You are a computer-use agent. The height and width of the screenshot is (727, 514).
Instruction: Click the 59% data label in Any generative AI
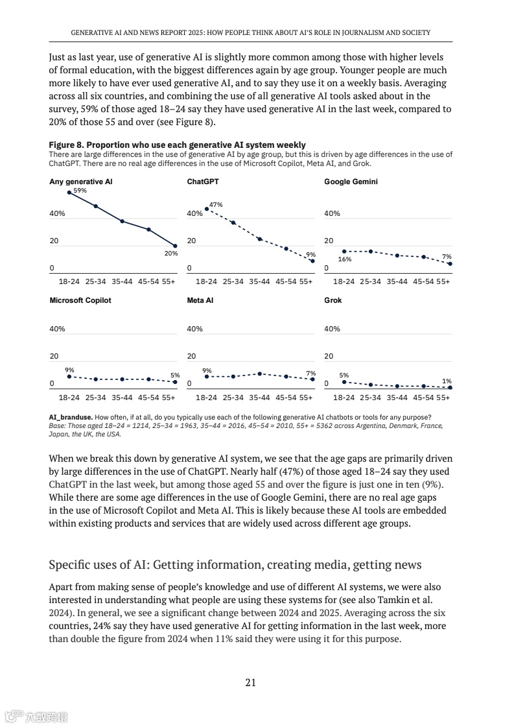[80, 191]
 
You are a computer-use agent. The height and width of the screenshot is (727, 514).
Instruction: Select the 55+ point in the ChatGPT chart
[312, 261]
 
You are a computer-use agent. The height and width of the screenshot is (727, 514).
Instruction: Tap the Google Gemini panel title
[351, 182]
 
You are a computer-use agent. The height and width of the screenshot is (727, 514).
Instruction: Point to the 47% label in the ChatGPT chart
[216, 204]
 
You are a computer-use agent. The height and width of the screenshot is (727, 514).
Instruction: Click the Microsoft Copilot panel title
[80, 300]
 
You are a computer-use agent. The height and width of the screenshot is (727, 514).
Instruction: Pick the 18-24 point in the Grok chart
[344, 382]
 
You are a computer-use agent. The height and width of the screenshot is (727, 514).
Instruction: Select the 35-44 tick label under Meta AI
[259, 398]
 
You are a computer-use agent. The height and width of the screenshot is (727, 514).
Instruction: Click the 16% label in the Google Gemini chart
[344, 259]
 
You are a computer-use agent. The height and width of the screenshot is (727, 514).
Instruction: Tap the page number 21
[251, 682]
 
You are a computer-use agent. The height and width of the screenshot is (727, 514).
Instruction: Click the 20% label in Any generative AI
[170, 253]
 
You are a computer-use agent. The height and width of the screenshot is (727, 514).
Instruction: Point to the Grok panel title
[333, 300]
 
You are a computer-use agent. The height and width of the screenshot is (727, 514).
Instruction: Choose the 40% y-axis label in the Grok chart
[332, 329]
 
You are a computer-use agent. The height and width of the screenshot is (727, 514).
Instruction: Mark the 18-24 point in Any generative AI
[69, 193]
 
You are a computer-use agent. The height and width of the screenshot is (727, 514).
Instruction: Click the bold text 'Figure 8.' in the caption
[66, 145]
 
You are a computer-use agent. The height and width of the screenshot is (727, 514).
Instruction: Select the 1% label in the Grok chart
[447, 381]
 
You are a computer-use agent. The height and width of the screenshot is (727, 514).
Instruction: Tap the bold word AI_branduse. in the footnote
[71, 416]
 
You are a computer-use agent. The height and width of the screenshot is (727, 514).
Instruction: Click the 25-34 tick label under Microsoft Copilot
[96, 398]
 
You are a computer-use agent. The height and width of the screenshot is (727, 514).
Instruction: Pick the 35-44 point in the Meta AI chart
[259, 374]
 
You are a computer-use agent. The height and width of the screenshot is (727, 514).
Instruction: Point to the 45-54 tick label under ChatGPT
[286, 282]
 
